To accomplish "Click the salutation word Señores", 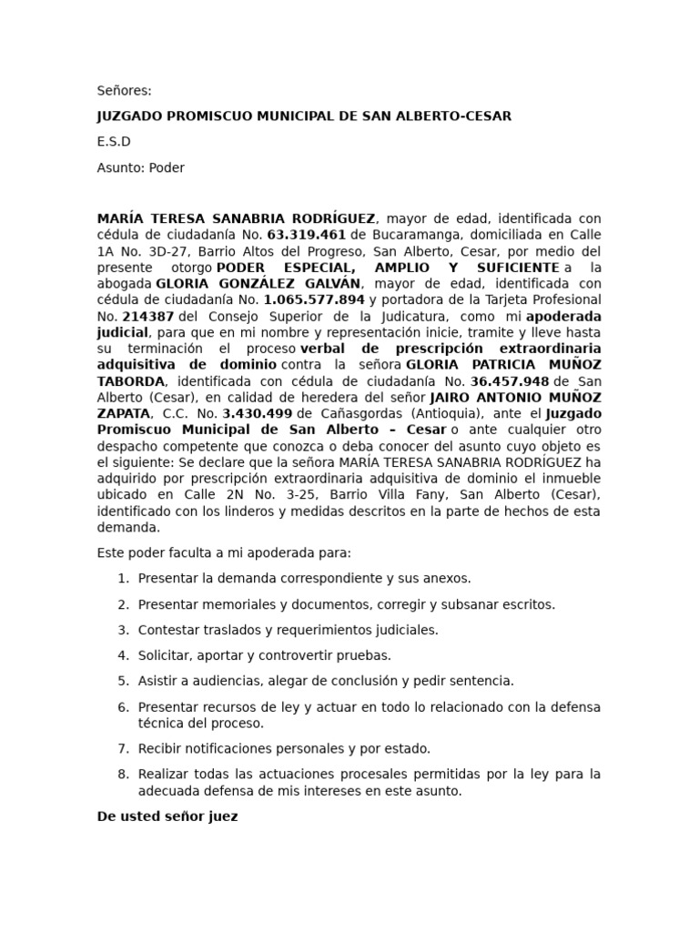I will coord(124,90).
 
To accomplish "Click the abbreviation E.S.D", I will coord(114,141).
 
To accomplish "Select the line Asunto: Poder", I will coord(140,167).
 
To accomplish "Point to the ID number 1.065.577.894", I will coord(314,299).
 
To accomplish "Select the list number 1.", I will coord(123,578).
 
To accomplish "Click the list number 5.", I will coord(123,680).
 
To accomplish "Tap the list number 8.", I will coord(123,775).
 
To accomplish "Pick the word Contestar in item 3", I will coord(168,629).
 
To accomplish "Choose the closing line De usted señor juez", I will coord(167,816).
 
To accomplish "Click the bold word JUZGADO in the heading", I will coord(132,116).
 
